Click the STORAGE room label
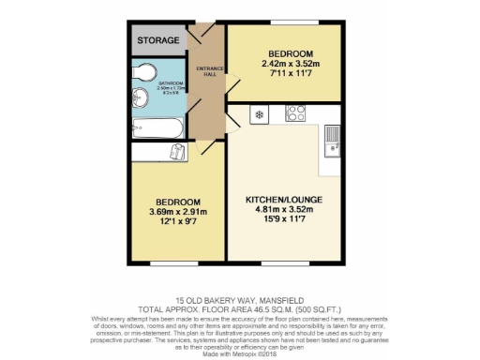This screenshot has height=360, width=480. coord(157,41)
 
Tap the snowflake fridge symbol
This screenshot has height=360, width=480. coord(257,115)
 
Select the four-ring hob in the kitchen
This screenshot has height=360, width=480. coord(295,114)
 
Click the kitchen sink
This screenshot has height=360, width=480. coord(331,140)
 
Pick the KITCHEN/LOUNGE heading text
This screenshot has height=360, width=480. coord(282,200)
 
